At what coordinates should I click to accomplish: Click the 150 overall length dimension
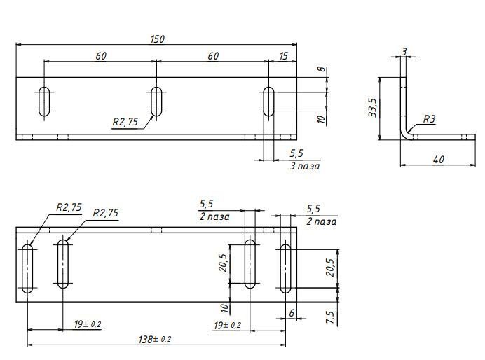pos(158,39)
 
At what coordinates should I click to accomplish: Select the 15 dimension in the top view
pos(283,56)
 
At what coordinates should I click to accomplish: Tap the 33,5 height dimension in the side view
pos(372,108)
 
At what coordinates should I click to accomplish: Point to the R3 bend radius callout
pos(429,118)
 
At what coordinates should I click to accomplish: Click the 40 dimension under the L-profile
pos(439,160)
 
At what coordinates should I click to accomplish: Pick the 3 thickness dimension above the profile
pos(404,52)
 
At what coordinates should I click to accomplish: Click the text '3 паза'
pos(305,166)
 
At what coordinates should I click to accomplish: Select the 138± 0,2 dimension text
pos(155,339)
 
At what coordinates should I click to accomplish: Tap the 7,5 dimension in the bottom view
pos(329,317)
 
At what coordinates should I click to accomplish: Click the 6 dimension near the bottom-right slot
pos(292,313)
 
